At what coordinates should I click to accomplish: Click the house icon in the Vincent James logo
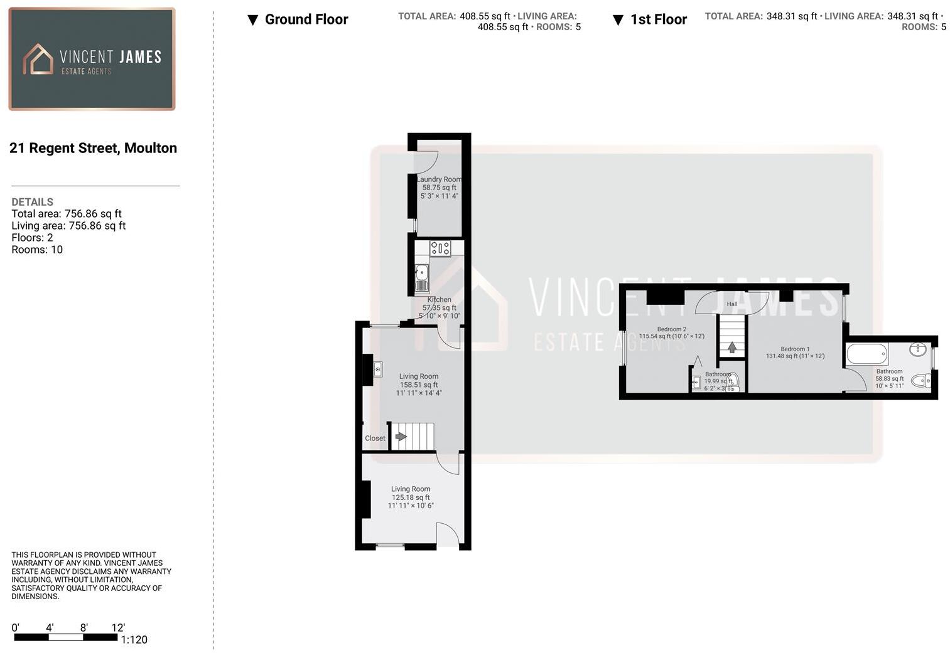tap(38, 60)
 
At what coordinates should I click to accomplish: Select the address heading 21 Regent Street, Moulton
tap(93, 148)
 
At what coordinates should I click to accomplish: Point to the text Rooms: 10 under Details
tap(37, 250)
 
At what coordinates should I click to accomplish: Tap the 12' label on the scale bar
tap(118, 628)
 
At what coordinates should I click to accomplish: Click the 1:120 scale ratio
tap(134, 640)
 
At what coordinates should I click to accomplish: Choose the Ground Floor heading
tap(306, 19)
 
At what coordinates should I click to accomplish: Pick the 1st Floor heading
tap(658, 19)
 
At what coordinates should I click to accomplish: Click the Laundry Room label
tap(439, 179)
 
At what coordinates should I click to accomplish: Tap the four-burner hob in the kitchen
tap(440, 248)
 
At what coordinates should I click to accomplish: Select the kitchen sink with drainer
tap(422, 278)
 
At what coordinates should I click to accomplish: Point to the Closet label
tap(375, 438)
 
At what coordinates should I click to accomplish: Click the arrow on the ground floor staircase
tap(401, 437)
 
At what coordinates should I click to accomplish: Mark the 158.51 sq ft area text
tap(419, 385)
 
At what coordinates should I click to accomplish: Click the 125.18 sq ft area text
tap(411, 497)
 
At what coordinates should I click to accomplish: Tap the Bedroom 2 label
tap(671, 329)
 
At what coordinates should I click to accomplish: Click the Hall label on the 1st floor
tap(732, 304)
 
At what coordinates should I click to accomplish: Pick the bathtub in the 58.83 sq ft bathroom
tap(866, 354)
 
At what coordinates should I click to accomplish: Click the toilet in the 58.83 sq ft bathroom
tap(920, 380)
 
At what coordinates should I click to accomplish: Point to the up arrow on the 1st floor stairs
tap(731, 347)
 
